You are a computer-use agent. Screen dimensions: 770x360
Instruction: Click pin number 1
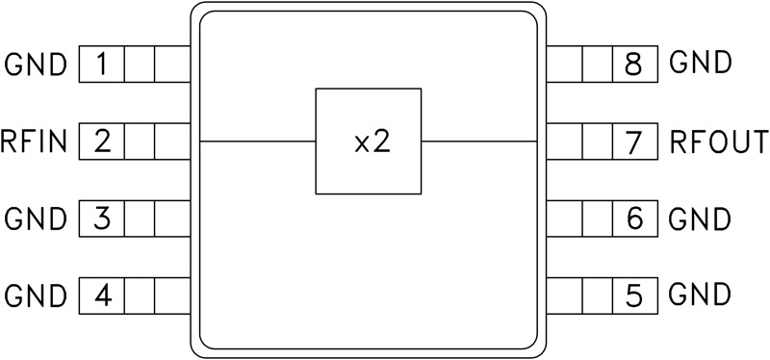[102, 66]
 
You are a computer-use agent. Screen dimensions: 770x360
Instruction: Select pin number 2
[102, 142]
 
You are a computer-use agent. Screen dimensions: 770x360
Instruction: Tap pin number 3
[102, 218]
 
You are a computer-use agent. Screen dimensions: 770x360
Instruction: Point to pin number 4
[102, 294]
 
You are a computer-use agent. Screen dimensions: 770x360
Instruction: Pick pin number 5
[632, 294]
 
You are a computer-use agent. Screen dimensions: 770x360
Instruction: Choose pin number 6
[632, 218]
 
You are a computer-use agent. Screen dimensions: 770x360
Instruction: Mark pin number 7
[632, 142]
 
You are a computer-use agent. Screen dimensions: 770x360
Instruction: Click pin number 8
[632, 66]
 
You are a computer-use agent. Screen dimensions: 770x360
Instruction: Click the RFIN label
[35, 143]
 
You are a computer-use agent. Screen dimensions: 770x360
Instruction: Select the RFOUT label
[718, 142]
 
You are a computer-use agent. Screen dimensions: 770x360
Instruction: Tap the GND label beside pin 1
[37, 66]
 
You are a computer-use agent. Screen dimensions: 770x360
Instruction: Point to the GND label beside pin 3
[37, 219]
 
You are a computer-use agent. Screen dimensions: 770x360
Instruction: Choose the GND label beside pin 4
[37, 294]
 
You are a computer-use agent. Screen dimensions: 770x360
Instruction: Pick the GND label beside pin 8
[700, 66]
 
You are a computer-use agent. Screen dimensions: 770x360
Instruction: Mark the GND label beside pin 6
[700, 218]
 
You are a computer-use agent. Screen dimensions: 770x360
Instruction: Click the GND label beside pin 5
[700, 294]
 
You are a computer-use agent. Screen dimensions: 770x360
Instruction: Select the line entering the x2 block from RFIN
[257, 141]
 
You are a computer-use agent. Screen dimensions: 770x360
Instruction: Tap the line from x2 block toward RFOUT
[477, 141]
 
